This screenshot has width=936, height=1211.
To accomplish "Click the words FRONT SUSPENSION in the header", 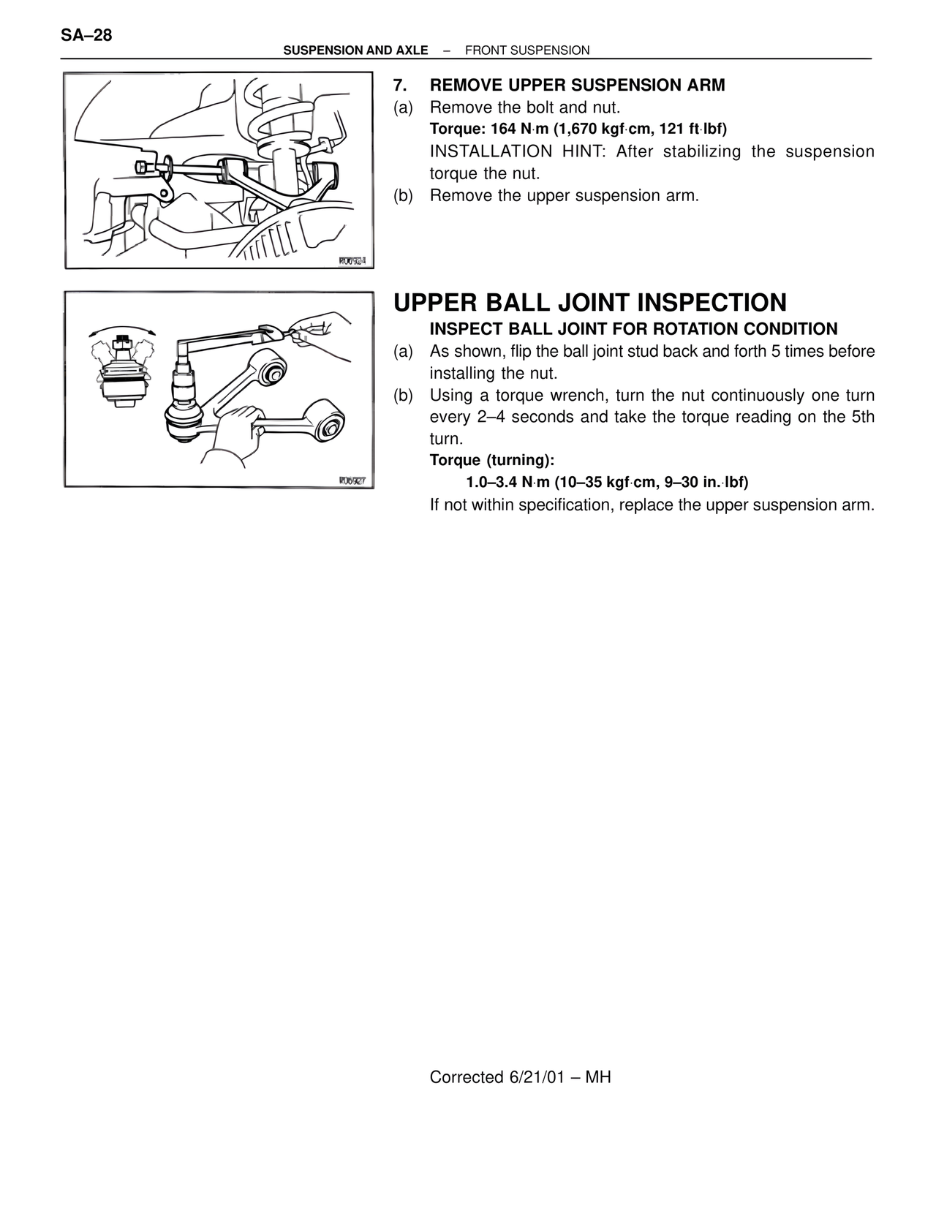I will click(x=526, y=50).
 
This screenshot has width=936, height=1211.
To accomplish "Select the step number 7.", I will click(x=399, y=86).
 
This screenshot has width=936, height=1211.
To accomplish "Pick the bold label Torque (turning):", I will click(x=492, y=461).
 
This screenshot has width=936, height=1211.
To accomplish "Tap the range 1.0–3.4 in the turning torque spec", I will click(x=492, y=483).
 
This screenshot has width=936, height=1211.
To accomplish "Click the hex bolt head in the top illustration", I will click(x=142, y=167).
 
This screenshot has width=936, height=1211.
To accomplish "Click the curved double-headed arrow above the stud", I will click(x=122, y=328).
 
